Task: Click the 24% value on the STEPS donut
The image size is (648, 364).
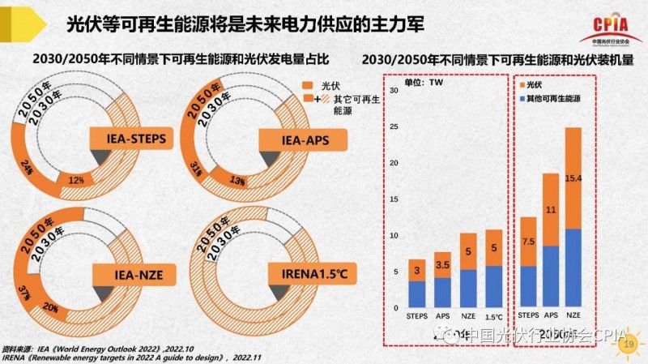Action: pyautogui.click(x=27, y=167)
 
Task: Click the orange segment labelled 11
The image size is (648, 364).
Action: pyautogui.click(x=551, y=209)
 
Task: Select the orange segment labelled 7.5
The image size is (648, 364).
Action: pyautogui.click(x=528, y=241)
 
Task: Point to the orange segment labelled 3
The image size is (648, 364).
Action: pyautogui.click(x=417, y=271)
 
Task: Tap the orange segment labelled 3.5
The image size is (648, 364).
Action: pyautogui.click(x=442, y=265)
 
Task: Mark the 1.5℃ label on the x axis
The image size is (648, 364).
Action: pyautogui.click(x=492, y=316)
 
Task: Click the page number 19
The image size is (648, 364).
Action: pyautogui.click(x=626, y=346)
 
